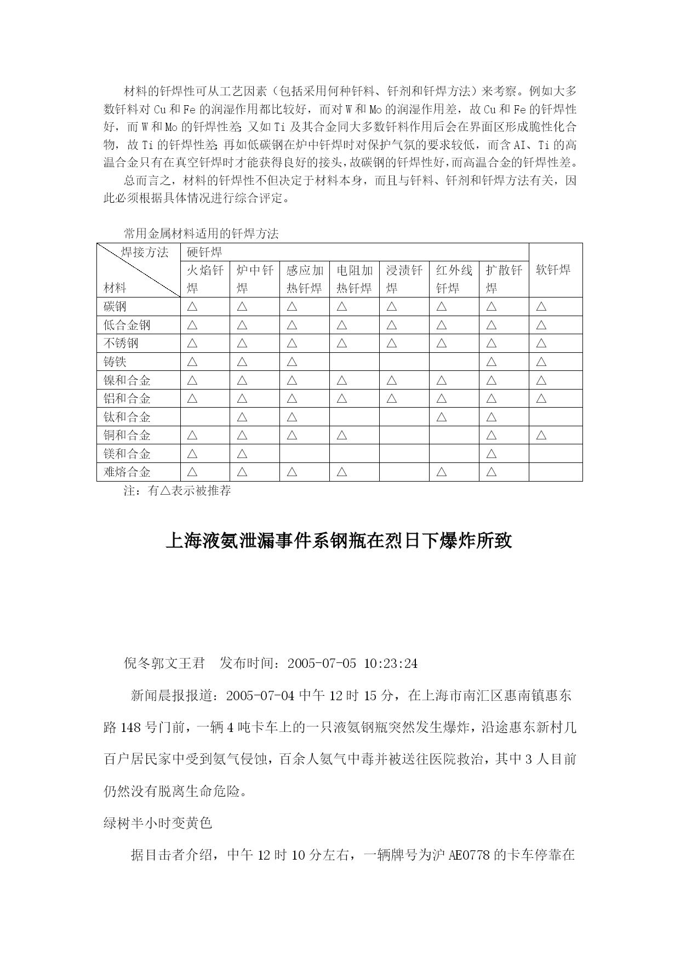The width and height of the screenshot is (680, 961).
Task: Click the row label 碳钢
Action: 115,306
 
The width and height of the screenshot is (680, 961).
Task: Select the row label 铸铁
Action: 115,362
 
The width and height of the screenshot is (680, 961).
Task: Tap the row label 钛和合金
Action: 127,417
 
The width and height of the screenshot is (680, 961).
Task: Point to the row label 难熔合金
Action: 127,472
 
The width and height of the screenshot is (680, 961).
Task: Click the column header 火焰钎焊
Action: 205,279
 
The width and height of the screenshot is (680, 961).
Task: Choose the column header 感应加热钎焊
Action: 305,279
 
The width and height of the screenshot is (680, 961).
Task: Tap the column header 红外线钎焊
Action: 454,279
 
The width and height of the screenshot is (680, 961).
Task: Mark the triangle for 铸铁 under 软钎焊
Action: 541,362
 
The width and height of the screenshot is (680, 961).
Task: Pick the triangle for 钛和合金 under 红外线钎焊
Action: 441,417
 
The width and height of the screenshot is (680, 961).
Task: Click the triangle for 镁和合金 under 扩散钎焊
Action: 491,454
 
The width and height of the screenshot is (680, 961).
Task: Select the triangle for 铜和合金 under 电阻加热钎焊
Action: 341,435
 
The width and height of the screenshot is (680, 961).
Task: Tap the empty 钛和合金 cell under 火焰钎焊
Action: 205,417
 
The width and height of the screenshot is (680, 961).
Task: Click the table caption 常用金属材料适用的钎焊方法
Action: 201,234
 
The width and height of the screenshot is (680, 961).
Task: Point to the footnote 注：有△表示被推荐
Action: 178,490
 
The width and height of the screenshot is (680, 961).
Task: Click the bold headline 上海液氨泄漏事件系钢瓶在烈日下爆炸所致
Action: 339,541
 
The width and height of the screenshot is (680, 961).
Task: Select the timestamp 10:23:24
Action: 390,663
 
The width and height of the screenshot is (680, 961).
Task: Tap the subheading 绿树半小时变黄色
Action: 158,823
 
